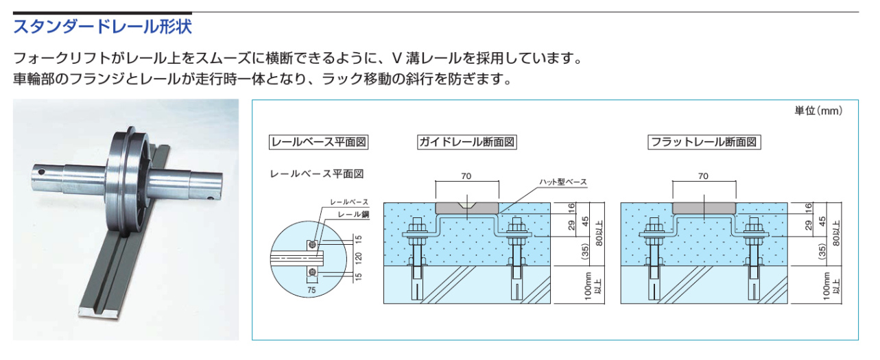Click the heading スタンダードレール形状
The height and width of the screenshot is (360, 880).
103,28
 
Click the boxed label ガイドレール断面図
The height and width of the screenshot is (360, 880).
466,143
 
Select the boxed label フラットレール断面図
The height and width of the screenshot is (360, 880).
705,143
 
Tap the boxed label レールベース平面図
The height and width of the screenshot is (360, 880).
319,143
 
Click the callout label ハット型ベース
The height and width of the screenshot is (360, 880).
564,182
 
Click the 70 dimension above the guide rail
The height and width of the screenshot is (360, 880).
466,176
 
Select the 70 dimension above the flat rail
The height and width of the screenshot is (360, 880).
703,176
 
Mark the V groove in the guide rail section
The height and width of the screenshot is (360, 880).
467,206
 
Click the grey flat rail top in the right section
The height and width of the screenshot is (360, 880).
704,206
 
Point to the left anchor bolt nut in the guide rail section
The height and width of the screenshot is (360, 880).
416,228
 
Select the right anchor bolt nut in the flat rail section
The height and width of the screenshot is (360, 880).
755,228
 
